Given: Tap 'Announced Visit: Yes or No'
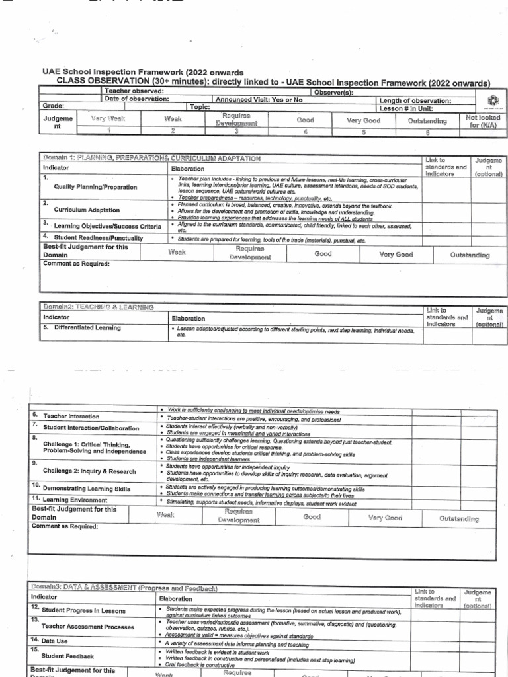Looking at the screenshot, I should click(x=259, y=99).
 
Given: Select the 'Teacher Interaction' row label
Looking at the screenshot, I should click(x=71, y=417).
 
